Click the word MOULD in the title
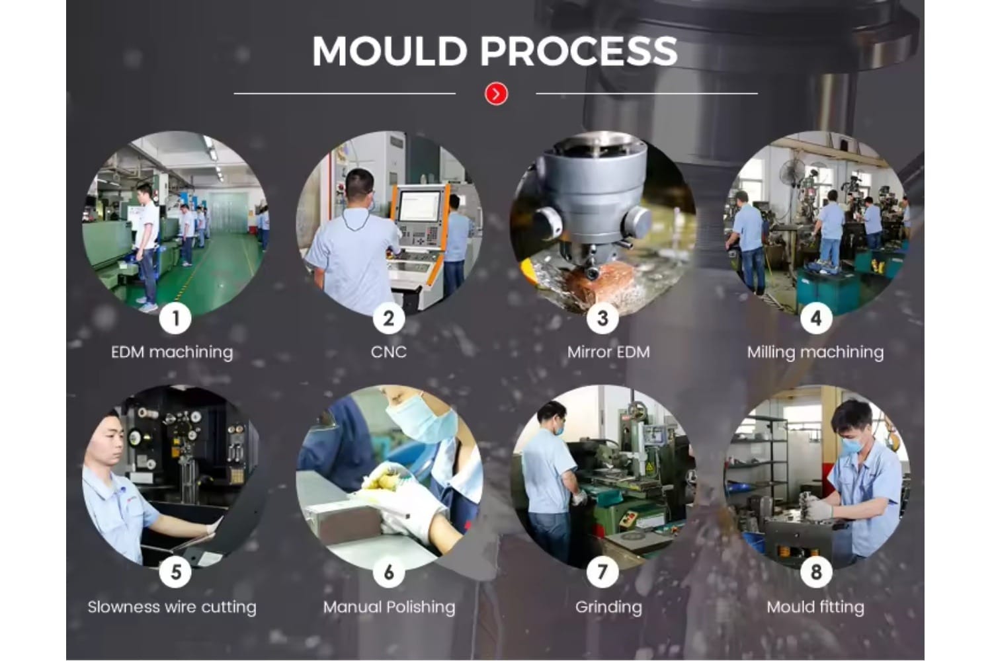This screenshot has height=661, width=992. coord(390,51)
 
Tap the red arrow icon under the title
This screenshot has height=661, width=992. coord(496,94)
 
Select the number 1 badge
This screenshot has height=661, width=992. coord(175,319)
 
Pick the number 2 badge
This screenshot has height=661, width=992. coord(389,319)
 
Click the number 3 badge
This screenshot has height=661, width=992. coord(602,319)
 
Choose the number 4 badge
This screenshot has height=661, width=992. coord(816,319)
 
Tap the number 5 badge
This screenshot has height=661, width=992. coord(175,572)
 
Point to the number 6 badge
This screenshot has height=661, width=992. coord(389,572)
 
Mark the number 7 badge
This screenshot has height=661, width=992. coord(602,572)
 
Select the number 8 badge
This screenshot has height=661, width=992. coord(816,572)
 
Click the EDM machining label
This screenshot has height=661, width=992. coord(172,352)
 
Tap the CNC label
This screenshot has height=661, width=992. coord(389,352)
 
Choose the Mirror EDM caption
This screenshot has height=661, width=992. coord(608,352)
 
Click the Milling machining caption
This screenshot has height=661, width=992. coord(815,352)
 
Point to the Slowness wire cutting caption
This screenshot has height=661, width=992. coord(172,607)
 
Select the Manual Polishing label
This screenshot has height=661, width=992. coord(389,607)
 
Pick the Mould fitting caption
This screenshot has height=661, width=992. coord(815,607)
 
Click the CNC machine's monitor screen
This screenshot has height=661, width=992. coord(419,205)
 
